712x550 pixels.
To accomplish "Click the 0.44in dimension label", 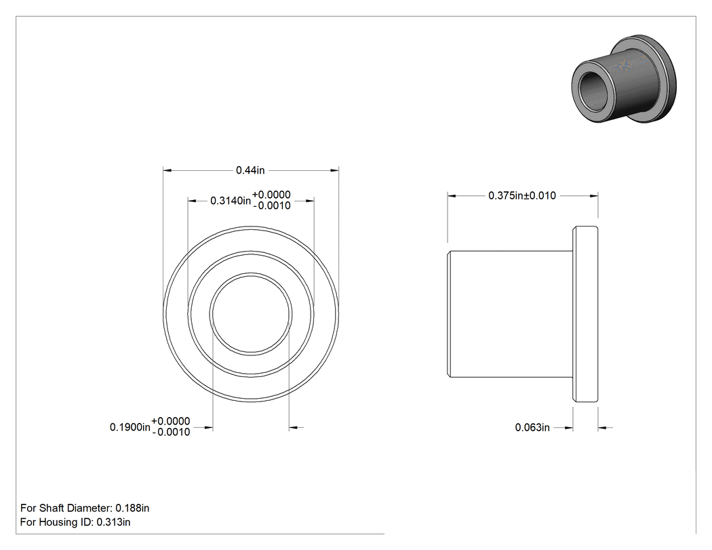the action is [x=250, y=170].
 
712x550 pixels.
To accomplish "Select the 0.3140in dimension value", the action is [x=231, y=201].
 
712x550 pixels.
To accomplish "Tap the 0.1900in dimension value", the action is [x=130, y=427].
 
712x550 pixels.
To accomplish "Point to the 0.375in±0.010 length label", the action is [x=521, y=196].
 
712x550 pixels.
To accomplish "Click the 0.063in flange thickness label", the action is [x=532, y=427].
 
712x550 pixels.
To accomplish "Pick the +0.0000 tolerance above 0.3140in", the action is [x=271, y=195].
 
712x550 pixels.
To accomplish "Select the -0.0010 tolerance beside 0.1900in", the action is [x=171, y=433].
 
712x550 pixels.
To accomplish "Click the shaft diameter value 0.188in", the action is [x=132, y=508].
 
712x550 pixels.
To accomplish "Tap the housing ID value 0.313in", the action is [x=113, y=522].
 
